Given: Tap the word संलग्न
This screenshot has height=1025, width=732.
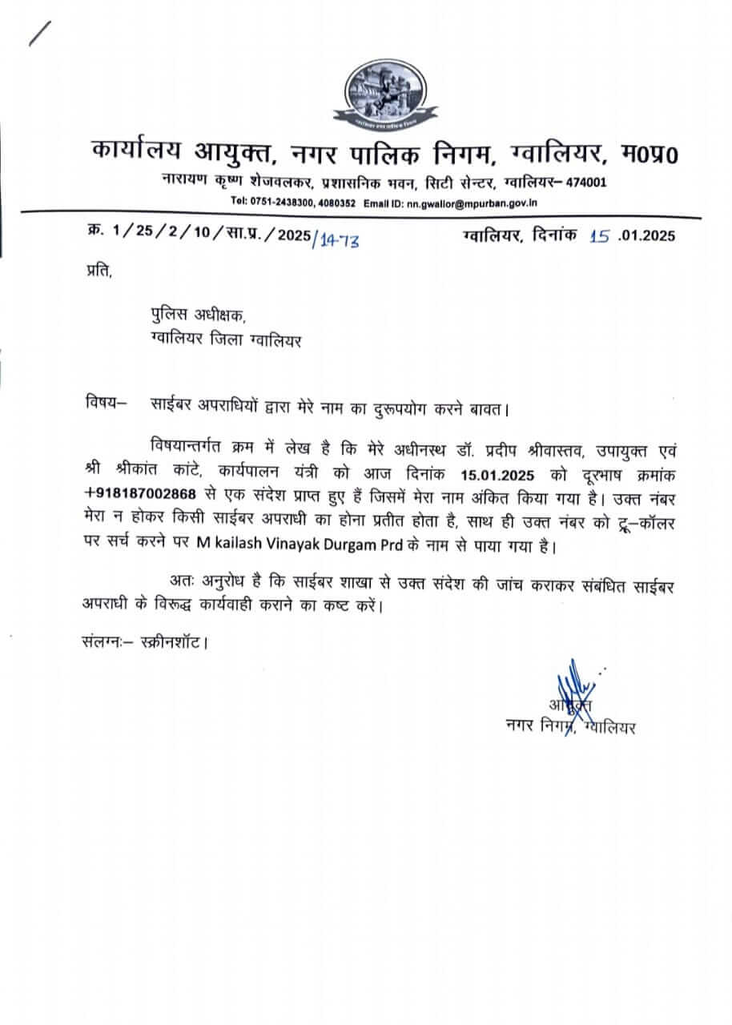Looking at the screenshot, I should (x=105, y=641).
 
